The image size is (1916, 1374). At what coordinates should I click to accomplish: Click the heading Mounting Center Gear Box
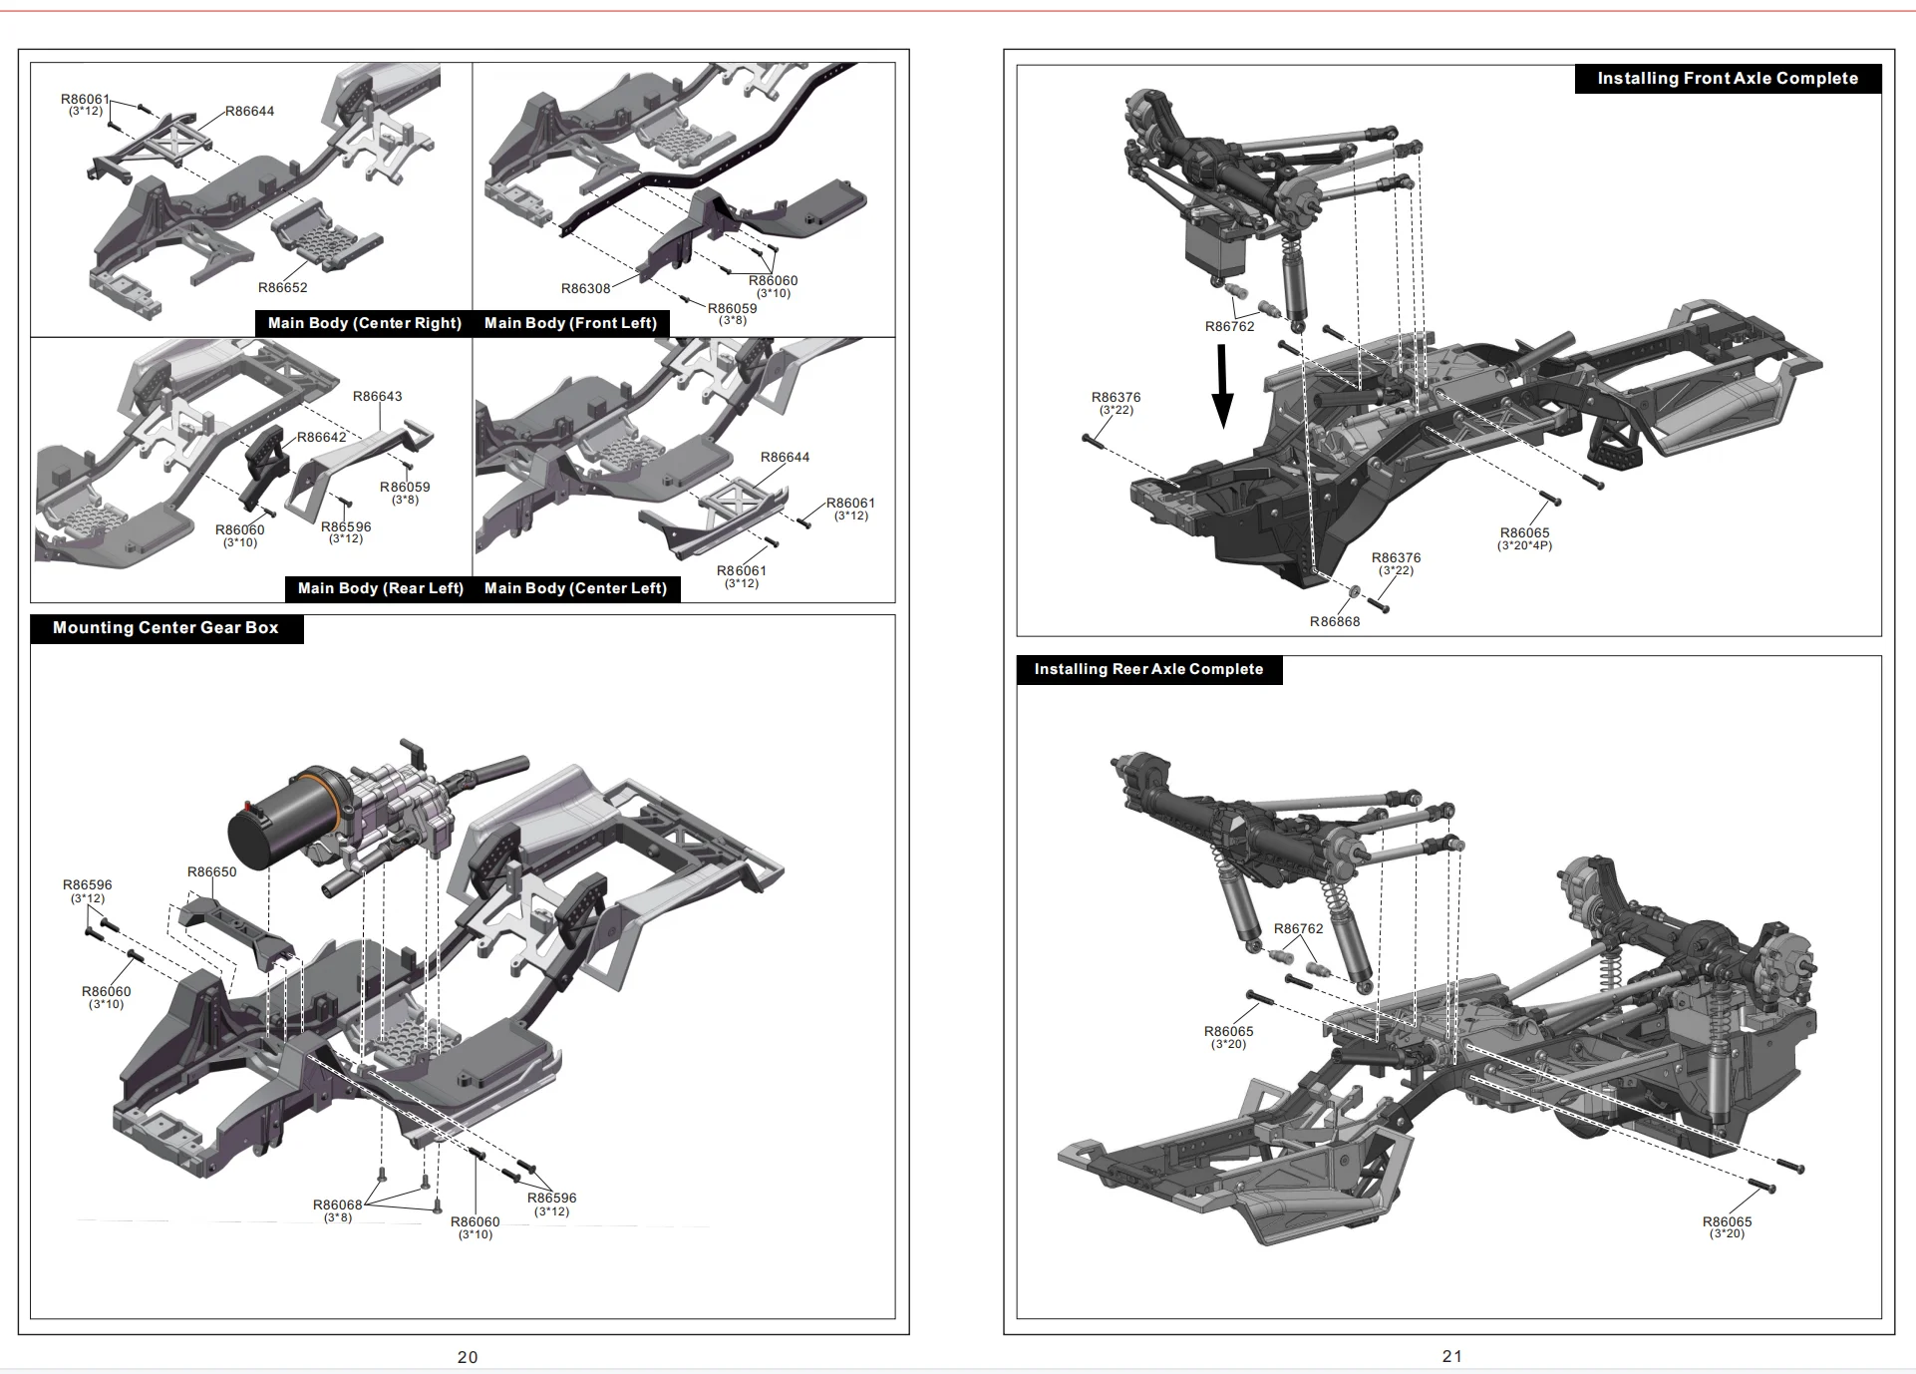165,628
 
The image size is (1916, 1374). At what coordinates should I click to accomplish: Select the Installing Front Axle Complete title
1727,79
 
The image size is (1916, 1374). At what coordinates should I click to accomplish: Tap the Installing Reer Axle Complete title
1148,669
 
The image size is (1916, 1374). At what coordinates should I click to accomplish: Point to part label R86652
283,288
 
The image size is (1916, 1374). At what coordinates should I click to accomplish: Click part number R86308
585,289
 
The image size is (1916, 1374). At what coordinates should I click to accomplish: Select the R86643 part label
378,397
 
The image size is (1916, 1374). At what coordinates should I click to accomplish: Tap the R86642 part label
321,438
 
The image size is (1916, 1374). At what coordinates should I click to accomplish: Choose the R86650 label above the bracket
212,872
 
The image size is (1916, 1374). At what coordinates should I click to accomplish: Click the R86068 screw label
338,1204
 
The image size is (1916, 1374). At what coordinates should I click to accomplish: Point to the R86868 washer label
1335,622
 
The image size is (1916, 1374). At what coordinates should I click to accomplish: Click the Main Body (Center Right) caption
364,323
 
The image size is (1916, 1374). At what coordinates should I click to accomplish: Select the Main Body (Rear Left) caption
380,588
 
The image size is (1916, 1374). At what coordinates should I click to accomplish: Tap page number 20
468,1357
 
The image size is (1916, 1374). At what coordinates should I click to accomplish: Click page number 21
1451,1356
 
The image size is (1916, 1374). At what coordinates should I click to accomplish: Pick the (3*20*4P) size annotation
1524,546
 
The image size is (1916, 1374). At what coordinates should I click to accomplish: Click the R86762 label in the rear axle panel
1298,929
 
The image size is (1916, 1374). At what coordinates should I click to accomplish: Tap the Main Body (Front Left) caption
570,323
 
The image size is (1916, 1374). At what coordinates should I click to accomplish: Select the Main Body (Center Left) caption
575,588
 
